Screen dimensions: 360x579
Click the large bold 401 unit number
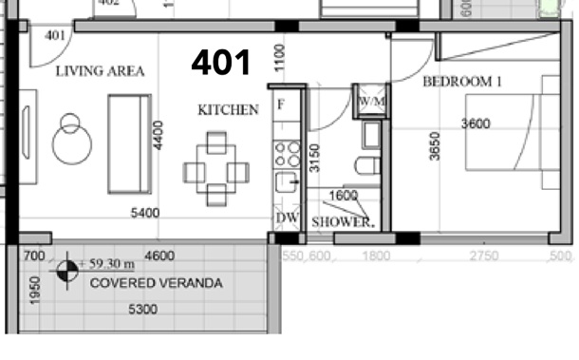pyautogui.click(x=221, y=63)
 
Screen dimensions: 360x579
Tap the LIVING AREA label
pyautogui.click(x=100, y=72)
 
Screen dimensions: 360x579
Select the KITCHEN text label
pyautogui.click(x=228, y=110)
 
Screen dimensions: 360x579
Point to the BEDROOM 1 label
pyautogui.click(x=462, y=82)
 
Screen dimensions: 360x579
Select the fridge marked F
pyautogui.click(x=281, y=104)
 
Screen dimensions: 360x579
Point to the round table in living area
pyautogui.click(x=70, y=142)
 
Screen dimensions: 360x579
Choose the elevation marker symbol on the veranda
pyautogui.click(x=65, y=272)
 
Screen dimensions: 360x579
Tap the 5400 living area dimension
pyautogui.click(x=144, y=214)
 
